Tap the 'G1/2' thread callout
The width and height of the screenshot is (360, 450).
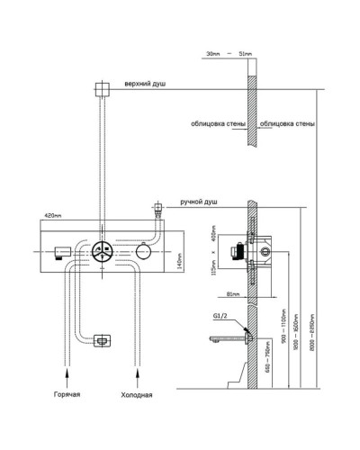coord(219,316)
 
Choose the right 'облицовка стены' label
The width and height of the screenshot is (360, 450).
coord(286,122)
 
